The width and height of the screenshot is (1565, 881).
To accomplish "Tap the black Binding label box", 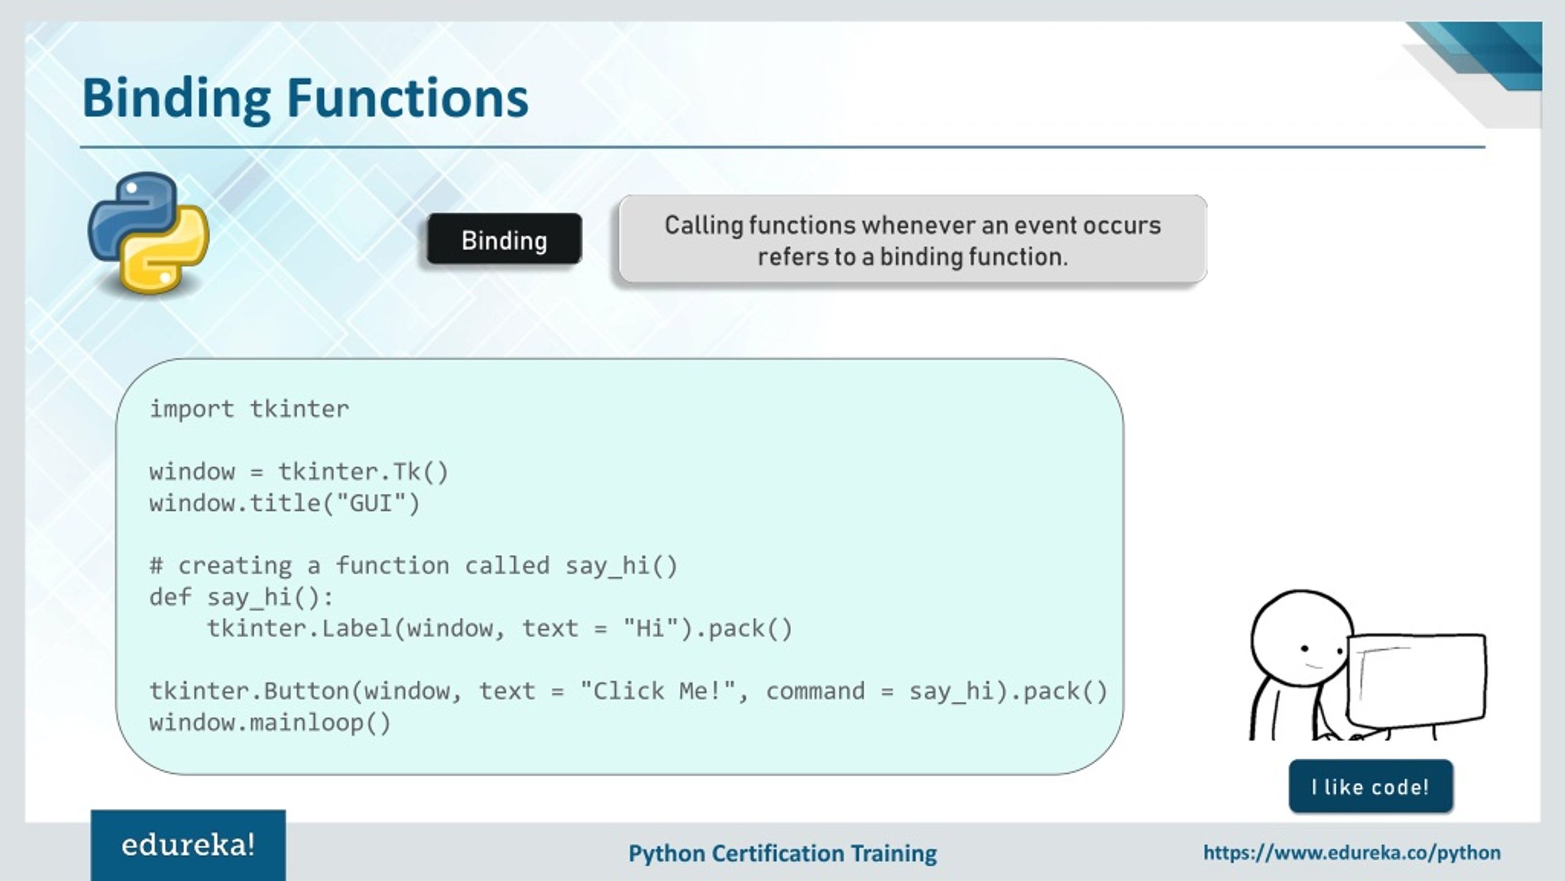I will (504, 240).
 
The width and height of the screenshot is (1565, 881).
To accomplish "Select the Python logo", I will (149, 232).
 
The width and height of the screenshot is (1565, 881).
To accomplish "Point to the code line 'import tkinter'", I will (249, 409).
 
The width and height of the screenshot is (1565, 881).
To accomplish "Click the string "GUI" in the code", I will (370, 504).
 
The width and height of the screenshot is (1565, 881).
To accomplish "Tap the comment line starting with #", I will (413, 566).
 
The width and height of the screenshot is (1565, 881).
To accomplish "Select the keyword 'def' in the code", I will (170, 597).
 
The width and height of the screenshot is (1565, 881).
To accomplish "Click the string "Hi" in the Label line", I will (650, 629).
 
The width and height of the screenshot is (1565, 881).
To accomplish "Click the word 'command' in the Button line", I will (815, 691).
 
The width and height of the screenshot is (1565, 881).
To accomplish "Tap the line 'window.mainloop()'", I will (270, 723).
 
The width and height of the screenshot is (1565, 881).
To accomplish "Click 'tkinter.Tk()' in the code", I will (363, 472).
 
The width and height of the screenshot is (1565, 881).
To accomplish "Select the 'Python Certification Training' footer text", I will (782, 853).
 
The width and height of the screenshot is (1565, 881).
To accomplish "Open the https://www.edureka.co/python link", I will (1352, 853).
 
